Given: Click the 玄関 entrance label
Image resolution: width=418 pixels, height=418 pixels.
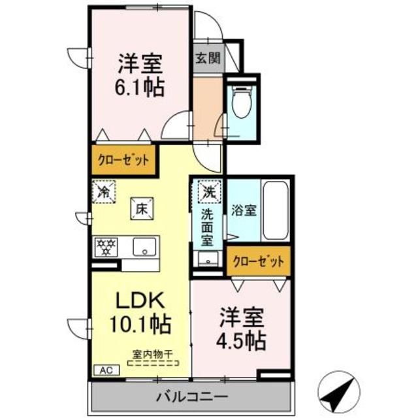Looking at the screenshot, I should click(206, 57).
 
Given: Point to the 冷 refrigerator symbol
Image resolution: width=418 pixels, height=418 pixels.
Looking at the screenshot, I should click(104, 192).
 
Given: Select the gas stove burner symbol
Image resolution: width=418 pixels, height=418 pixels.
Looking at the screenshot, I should click(106, 247).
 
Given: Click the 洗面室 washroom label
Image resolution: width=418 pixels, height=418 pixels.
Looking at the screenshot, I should click(208, 226).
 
